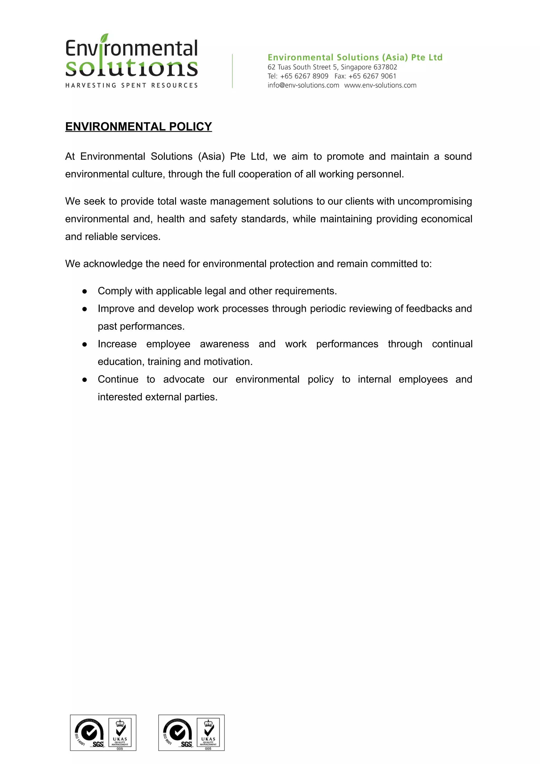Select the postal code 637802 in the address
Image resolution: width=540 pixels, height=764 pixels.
tap(385, 67)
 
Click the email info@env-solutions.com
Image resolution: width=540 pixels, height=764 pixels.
tap(303, 85)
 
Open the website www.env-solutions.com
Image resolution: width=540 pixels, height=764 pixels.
tap(380, 85)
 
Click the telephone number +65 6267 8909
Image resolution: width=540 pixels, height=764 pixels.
tap(304, 76)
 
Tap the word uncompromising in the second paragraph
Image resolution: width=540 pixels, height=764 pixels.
tap(435, 201)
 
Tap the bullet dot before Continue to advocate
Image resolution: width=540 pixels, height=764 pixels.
tap(85, 380)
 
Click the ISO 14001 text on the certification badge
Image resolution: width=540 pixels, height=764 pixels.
tap(79, 739)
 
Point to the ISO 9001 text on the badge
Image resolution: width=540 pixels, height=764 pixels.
tap(167, 739)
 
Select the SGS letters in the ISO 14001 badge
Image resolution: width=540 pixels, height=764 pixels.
tap(98, 744)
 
